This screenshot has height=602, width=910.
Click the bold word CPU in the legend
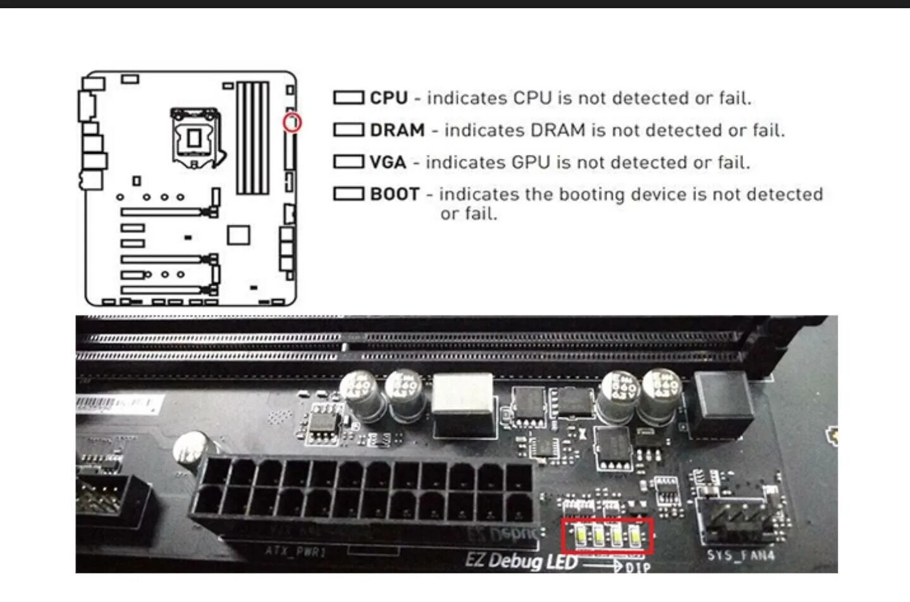pos(388,98)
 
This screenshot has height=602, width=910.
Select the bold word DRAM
pos(397,130)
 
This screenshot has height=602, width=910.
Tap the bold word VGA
pos(388,163)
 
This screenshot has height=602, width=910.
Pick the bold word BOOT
pos(395,194)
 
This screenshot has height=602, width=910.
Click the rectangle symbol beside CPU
pos(348,98)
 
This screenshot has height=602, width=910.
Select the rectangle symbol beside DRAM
pos(348,130)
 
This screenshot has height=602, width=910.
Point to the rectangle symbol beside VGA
pos(348,162)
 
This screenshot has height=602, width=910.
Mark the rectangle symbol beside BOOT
pos(348,193)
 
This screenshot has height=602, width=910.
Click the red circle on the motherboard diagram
pos(292,122)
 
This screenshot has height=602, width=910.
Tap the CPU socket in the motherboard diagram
pos(195,138)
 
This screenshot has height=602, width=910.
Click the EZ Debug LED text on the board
pos(521,560)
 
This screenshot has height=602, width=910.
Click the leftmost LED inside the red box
pos(580,537)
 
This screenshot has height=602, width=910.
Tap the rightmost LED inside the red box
pos(636,537)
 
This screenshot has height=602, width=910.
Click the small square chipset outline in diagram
pos(238,235)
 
